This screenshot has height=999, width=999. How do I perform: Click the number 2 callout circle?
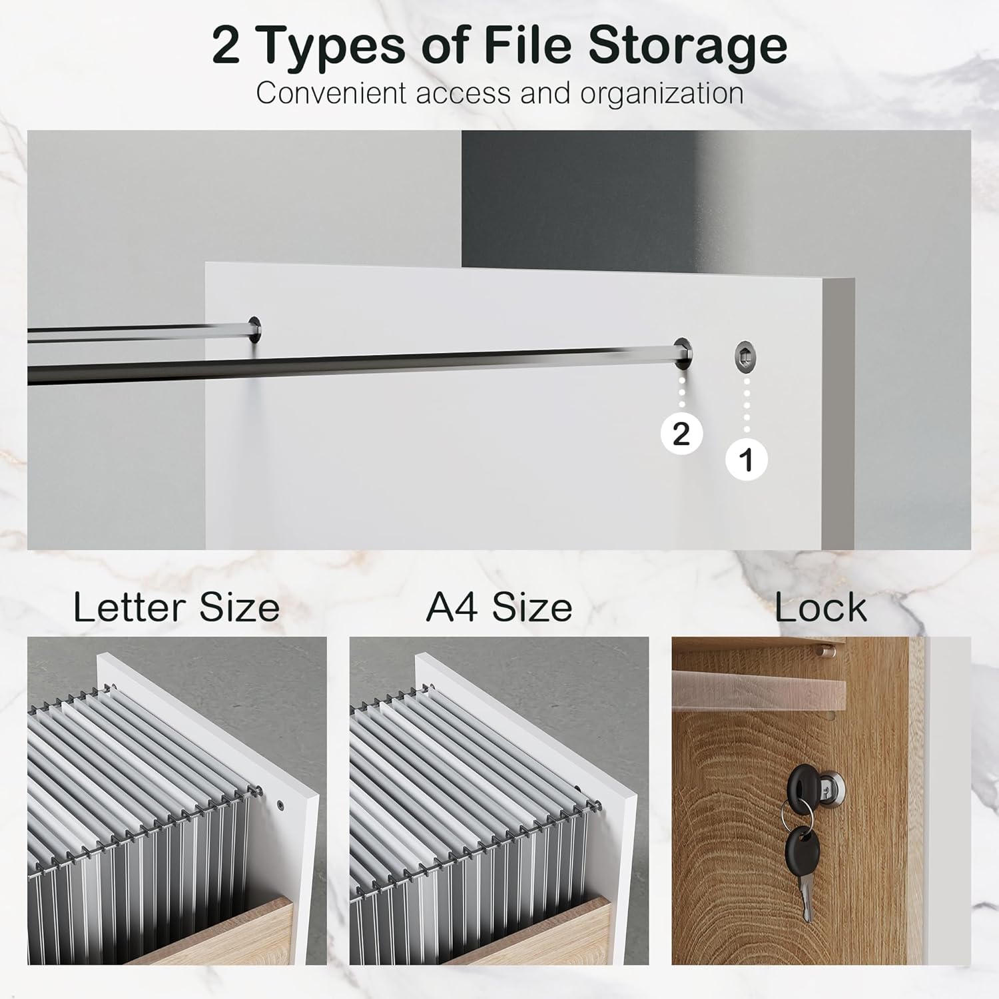pyautogui.click(x=681, y=434)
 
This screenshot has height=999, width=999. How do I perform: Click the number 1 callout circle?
pyautogui.click(x=747, y=460)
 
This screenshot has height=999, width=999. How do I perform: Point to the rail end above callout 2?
pyautogui.click(x=683, y=352)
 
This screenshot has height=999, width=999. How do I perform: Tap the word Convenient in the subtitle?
pyautogui.click(x=331, y=93)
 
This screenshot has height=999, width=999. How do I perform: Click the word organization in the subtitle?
pyautogui.click(x=662, y=94)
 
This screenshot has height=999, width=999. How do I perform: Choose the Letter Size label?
pyautogui.click(x=176, y=607)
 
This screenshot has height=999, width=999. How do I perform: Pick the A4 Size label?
pyautogui.click(x=499, y=607)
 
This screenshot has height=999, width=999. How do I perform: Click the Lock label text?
pyautogui.click(x=821, y=607)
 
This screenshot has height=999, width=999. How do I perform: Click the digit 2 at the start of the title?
pyautogui.click(x=226, y=45)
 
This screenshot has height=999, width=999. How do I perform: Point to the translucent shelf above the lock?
pyautogui.click(x=759, y=685)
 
